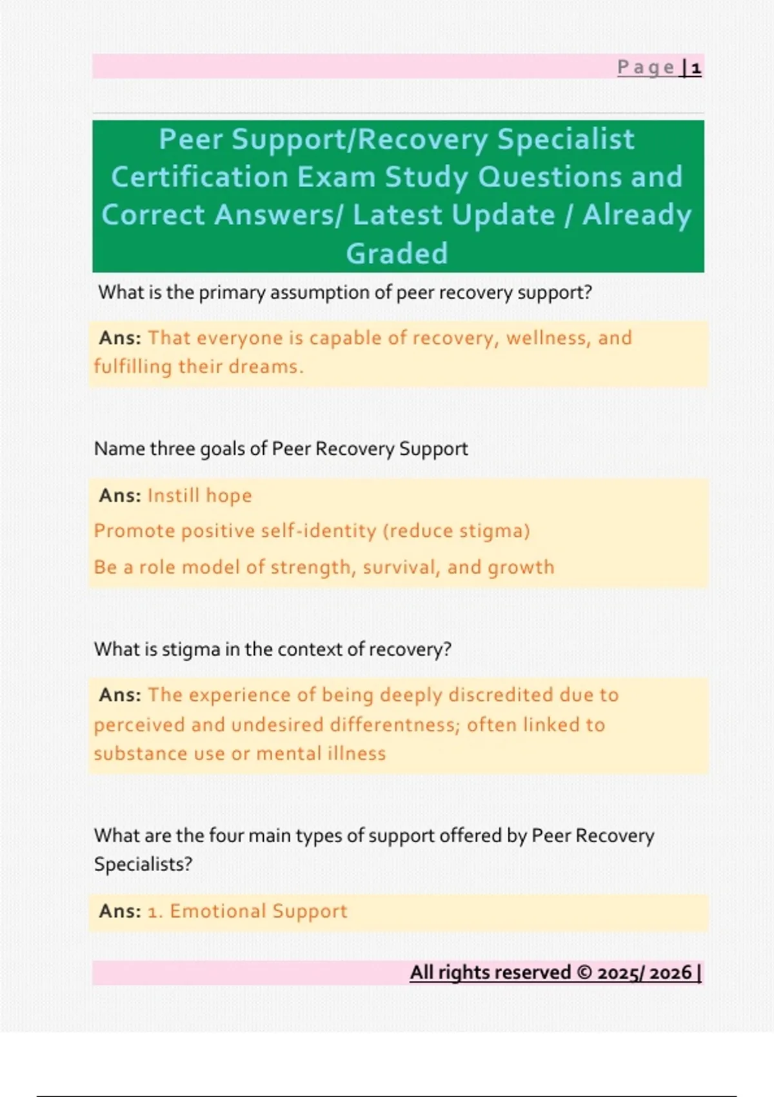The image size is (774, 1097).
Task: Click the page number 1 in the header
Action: [x=696, y=68]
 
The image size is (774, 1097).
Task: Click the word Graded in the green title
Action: [x=397, y=254]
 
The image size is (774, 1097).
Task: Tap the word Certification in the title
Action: [x=199, y=177]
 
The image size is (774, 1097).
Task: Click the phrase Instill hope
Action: [x=200, y=496]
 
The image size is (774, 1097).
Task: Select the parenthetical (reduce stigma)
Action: [x=456, y=530]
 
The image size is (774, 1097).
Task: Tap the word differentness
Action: [x=395, y=725]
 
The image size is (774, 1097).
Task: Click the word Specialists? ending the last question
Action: [x=143, y=864]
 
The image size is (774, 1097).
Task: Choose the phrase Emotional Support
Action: [x=259, y=911]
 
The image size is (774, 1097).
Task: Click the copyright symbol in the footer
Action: [x=584, y=972]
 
